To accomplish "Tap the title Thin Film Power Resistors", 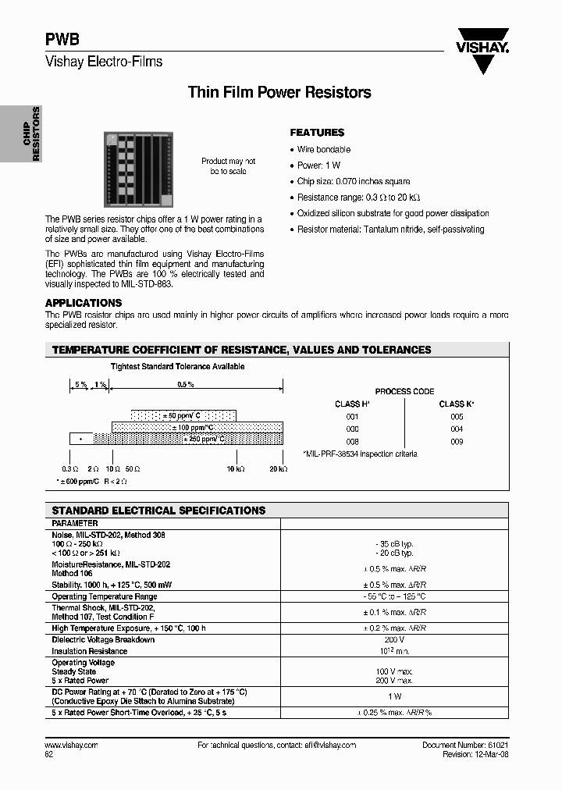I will pyautogui.click(x=279, y=92).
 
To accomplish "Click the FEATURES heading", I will pyautogui.click(x=317, y=133).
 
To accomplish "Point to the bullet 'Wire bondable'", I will pyautogui.click(x=323, y=149).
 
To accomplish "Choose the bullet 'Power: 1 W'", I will pyautogui.click(x=318, y=165).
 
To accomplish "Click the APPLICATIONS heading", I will pyautogui.click(x=84, y=303).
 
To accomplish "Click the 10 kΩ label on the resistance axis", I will pyautogui.click(x=236, y=468).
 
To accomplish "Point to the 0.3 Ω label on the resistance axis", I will pyautogui.click(x=70, y=468).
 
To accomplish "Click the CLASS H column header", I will pyautogui.click(x=351, y=404).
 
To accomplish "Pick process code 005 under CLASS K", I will pyautogui.click(x=457, y=417).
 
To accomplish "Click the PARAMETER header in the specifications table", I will pyautogui.click(x=75, y=523).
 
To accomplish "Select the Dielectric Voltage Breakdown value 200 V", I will pyautogui.click(x=394, y=640).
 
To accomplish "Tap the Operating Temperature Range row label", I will pyautogui.click(x=104, y=596).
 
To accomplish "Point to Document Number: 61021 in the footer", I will pyautogui.click(x=464, y=746).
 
